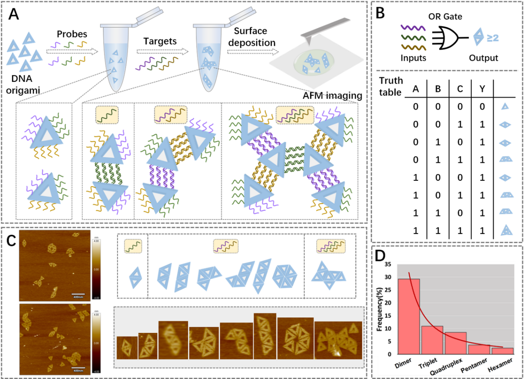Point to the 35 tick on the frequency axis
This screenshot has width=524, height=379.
[x=388, y=264]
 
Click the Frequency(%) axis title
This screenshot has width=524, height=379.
[x=379, y=309]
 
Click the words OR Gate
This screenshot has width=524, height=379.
[x=445, y=17]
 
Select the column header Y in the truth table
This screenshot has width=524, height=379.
[x=482, y=89]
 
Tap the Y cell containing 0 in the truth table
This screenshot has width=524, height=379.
[x=482, y=106]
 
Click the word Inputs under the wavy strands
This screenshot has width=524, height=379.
[x=413, y=58]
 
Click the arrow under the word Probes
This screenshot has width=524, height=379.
[x=72, y=51]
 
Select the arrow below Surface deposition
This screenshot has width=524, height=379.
[x=253, y=52]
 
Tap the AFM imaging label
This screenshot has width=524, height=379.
[x=332, y=96]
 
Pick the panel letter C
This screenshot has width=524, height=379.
[x=11, y=240]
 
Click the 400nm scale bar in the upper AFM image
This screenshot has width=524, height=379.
[x=78, y=294]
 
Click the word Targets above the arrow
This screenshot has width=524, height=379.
[x=160, y=41]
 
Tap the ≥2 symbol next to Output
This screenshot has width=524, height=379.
[x=493, y=38]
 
